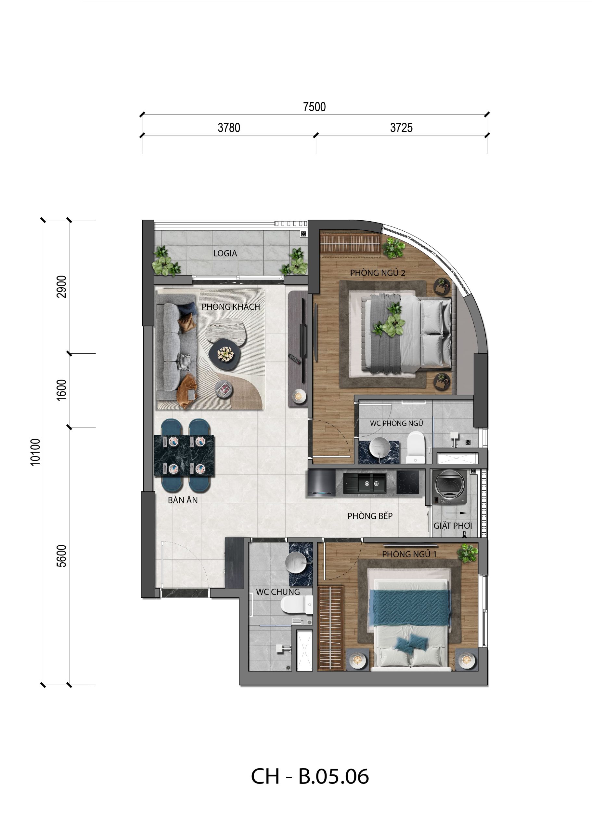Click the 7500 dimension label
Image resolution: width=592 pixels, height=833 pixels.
coord(314,107)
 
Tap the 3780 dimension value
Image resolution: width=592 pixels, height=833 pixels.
coord(229,128)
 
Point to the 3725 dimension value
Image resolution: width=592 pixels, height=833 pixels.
coord(401,128)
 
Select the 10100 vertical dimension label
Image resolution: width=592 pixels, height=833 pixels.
coord(35,452)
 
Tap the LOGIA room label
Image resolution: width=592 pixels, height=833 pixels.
coord(225,253)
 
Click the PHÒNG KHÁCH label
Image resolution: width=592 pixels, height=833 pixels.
coord(231,307)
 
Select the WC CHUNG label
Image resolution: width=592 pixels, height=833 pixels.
coord(278,592)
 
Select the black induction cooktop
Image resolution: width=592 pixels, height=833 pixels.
coord(407,483)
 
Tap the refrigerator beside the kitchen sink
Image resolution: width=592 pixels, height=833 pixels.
coord(321,483)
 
